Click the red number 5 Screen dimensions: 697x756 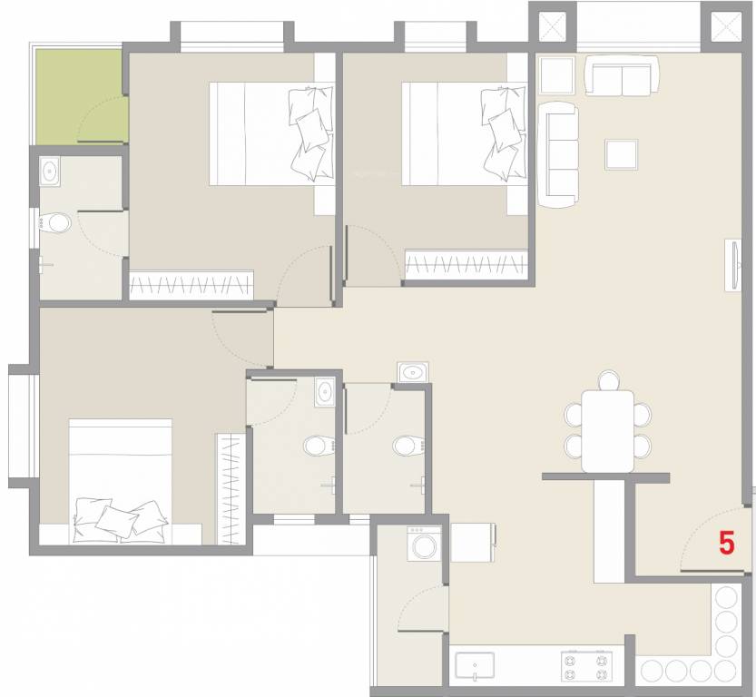726,543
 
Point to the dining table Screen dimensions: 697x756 607,430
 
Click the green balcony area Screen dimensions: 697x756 80,94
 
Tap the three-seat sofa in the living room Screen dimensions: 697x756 559,152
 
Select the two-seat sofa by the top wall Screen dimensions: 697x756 622,76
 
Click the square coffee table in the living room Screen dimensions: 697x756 622,152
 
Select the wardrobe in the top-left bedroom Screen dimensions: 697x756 191,285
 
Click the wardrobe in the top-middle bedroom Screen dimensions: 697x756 466,265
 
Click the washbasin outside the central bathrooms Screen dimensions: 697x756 414,372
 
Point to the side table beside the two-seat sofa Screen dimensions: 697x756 555,75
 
